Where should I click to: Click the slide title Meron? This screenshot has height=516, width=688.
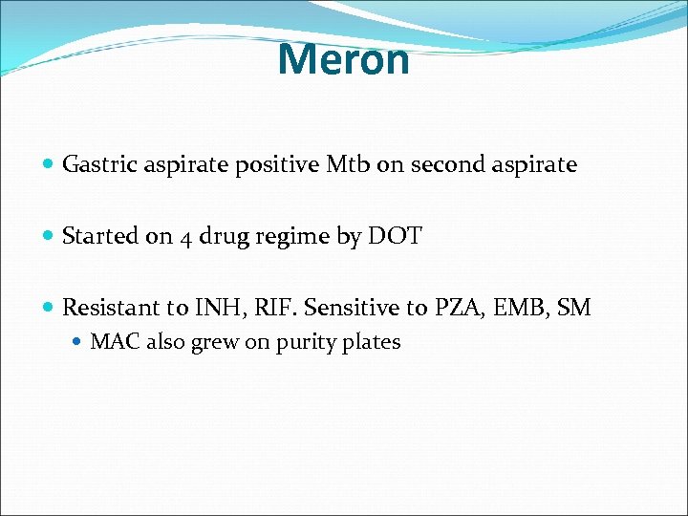343,59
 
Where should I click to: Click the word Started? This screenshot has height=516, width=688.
100,236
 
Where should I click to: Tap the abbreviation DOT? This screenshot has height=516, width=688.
393,236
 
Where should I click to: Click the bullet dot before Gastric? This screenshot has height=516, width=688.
49,165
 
